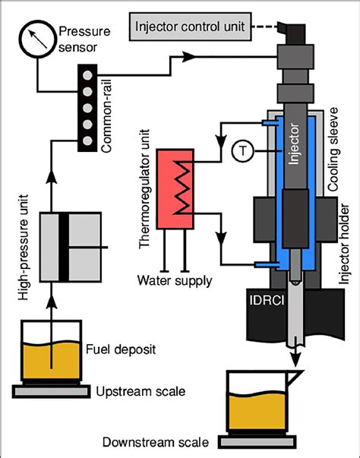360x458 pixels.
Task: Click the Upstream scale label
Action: click(x=139, y=392)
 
